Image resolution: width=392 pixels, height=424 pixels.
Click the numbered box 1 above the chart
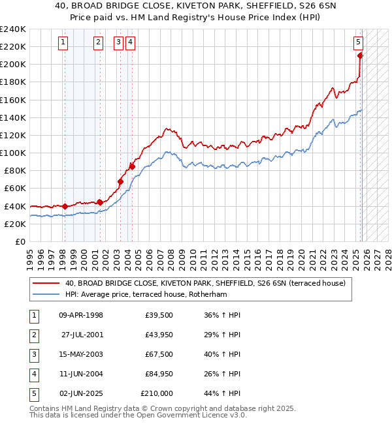pyautogui.click(x=63, y=43)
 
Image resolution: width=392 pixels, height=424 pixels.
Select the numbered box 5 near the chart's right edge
pyautogui.click(x=359, y=43)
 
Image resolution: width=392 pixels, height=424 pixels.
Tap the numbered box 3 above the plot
pyautogui.click(x=118, y=43)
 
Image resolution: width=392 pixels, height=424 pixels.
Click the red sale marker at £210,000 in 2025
pyautogui.click(x=360, y=55)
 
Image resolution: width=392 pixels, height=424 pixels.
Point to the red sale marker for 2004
pyautogui.click(x=132, y=166)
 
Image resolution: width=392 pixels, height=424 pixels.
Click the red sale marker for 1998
pyautogui.click(x=65, y=206)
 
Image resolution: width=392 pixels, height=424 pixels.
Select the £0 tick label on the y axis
pyautogui.click(x=20, y=241)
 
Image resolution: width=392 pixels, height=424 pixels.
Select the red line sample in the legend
pyautogui.click(x=46, y=283)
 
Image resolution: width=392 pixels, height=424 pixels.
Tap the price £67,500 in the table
pyautogui.click(x=159, y=354)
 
